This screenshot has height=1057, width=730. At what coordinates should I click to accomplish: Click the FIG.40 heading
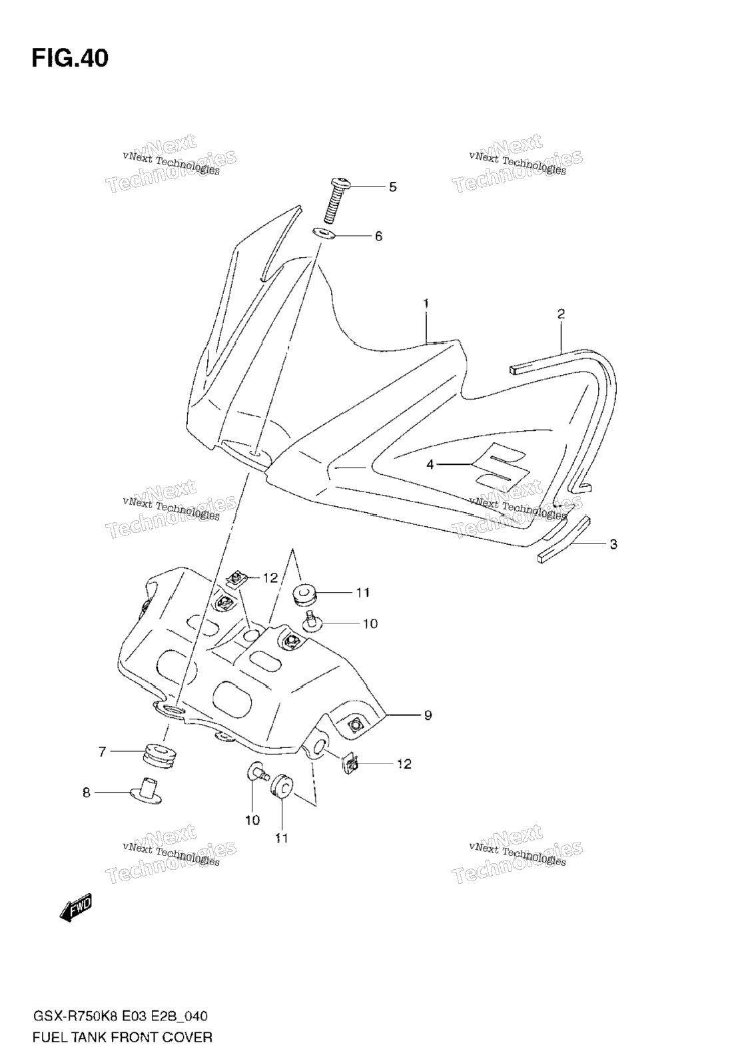tap(70, 58)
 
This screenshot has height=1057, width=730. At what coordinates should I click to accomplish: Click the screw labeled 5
tap(336, 200)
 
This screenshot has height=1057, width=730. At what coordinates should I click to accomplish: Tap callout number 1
tap(426, 304)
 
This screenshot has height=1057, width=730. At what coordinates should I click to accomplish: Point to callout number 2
tap(561, 314)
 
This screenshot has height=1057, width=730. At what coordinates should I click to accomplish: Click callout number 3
tap(613, 544)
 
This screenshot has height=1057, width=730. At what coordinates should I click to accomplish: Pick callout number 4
tap(430, 465)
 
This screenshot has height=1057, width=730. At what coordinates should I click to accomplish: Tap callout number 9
tap(428, 715)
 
